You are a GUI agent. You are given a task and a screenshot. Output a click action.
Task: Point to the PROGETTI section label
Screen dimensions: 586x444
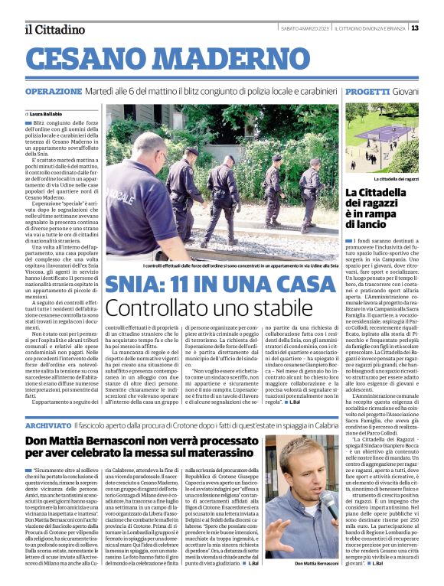(x=367, y=91)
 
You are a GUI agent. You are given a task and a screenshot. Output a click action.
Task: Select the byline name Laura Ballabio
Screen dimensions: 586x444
(x=47, y=113)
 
